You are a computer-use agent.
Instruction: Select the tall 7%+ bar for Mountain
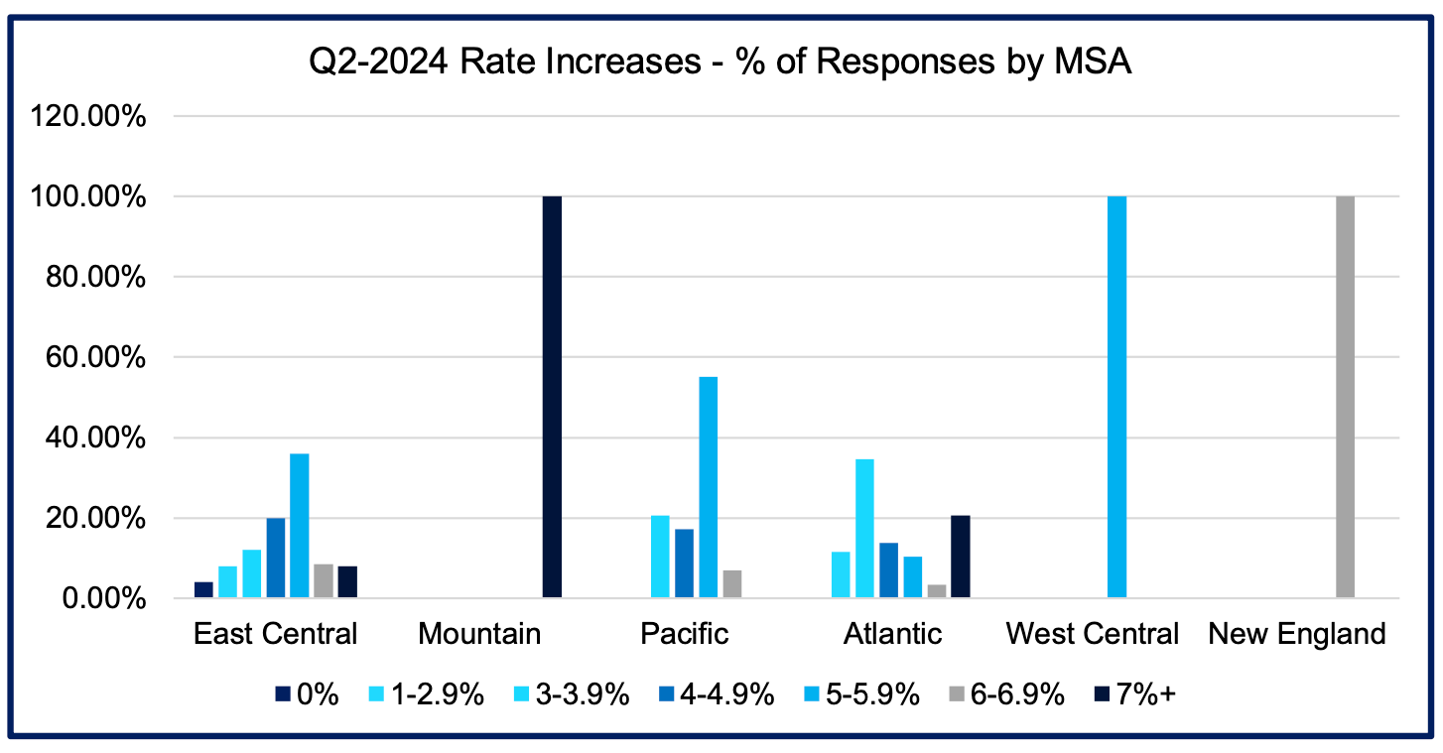click(552, 397)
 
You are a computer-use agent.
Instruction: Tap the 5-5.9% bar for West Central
click(1116, 397)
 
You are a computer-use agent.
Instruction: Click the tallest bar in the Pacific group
click(708, 487)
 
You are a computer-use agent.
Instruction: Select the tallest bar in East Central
click(299, 525)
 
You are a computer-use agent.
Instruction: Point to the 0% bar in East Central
click(203, 589)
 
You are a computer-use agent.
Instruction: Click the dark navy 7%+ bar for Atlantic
click(960, 557)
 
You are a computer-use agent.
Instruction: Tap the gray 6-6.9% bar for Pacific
click(731, 584)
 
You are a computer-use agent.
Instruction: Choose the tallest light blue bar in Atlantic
click(863, 529)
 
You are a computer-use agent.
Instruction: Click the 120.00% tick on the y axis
click(90, 117)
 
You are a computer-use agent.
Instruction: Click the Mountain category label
click(479, 634)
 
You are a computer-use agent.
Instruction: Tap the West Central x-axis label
click(1093, 634)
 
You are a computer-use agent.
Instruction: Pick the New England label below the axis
click(1296, 634)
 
